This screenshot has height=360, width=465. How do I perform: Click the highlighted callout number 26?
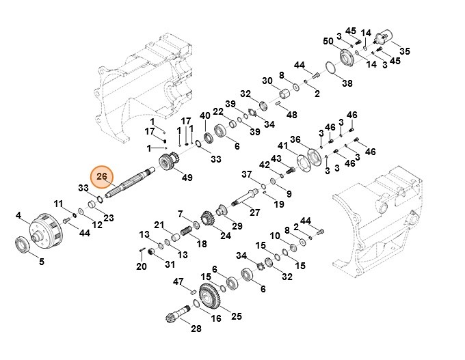(x=101, y=176)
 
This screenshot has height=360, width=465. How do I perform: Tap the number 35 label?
(x=405, y=51)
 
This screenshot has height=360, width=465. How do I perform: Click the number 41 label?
(x=282, y=146)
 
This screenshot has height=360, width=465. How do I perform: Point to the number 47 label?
(x=178, y=281)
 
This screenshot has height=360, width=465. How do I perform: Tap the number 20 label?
(x=142, y=266)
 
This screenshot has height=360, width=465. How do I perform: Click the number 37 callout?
(x=247, y=175)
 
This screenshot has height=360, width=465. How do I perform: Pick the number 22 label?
(x=218, y=111)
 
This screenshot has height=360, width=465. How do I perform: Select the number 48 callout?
(x=291, y=114)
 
